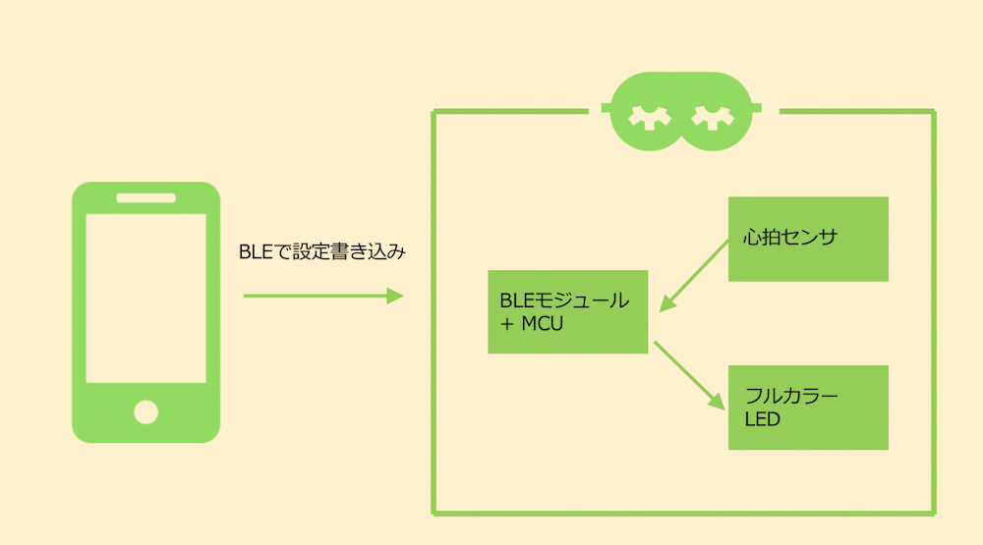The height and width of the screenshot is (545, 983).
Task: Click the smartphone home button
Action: coord(145,411)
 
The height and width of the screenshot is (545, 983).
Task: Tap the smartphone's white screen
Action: coord(145,298)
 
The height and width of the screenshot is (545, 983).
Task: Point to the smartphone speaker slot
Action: coord(145,197)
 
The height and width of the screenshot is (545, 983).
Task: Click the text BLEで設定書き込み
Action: coord(322,252)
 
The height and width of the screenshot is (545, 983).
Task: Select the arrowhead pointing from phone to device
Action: coord(395,296)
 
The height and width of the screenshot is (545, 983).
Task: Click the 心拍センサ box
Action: coord(808,239)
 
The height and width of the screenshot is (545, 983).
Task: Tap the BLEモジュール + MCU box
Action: coord(568,311)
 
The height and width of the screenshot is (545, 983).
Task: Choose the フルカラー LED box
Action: coord(808,408)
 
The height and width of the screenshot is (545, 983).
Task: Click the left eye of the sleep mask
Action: coord(650,116)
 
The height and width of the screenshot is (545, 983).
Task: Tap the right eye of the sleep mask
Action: coord(713,116)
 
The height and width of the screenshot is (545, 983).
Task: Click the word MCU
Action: coord(543,323)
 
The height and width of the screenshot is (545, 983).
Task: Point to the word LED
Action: coord(763,420)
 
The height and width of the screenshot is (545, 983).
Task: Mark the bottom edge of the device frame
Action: coord(683,512)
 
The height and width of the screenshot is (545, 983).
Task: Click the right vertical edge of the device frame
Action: coord(934,314)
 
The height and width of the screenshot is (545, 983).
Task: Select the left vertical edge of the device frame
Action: coord(434,314)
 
